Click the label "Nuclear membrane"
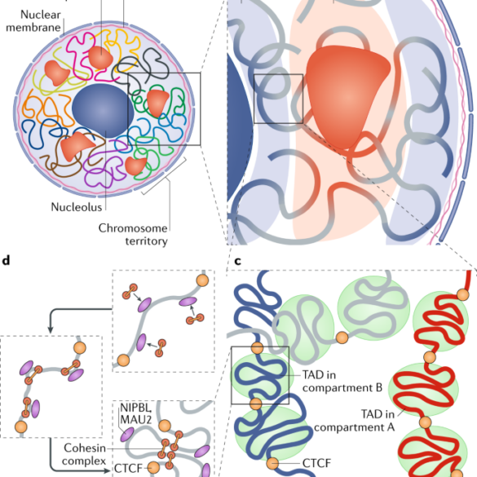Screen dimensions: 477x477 click(x=33, y=21)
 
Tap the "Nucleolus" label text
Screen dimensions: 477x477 click(x=77, y=207)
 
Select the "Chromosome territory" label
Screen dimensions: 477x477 click(x=133, y=235)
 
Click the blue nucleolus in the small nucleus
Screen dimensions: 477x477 click(x=103, y=111)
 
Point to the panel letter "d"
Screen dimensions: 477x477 click(x=6, y=261)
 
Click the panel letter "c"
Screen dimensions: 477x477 click(x=238, y=261)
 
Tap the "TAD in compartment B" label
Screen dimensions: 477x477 click(x=342, y=382)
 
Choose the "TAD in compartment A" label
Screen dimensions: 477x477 click(x=355, y=421)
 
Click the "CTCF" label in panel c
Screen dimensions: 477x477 click(x=316, y=463)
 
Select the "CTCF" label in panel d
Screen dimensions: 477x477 click(x=128, y=468)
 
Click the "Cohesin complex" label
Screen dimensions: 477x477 click(x=84, y=454)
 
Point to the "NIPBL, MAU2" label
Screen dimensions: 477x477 click(x=135, y=413)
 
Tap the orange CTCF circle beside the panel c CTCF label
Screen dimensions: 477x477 click(x=272, y=463)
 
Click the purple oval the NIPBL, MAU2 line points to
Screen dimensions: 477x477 click(x=127, y=435)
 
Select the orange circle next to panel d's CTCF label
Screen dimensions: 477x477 click(x=153, y=467)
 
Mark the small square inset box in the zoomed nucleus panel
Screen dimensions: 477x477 click(x=278, y=99)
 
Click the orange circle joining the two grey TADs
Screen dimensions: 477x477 click(x=342, y=338)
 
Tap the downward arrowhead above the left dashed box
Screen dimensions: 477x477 click(x=51, y=329)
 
